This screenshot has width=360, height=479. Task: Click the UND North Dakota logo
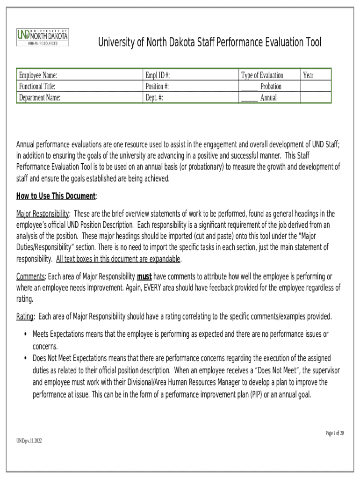[x=43, y=37]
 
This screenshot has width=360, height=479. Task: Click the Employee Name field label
[x=38, y=75]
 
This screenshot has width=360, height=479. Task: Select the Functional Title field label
[x=37, y=87]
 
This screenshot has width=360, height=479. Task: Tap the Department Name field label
[x=40, y=98]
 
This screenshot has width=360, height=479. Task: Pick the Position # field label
[x=157, y=87]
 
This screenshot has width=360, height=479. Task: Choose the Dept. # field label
[x=154, y=98]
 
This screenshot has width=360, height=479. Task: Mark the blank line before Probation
[x=249, y=89]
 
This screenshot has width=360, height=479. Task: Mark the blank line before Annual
[x=249, y=100]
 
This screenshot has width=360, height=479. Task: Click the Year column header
[x=308, y=75]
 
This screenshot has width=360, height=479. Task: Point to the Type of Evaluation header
[x=262, y=75]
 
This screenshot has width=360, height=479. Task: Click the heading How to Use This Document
[x=56, y=196]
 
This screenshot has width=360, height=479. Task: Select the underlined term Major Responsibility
[x=43, y=214]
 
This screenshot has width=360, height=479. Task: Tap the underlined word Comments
[x=30, y=276]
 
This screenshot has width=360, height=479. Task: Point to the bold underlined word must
[x=144, y=276]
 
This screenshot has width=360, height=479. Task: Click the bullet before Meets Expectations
[x=25, y=334]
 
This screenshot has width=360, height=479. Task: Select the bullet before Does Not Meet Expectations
[x=25, y=358]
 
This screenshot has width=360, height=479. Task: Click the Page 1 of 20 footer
[x=335, y=433]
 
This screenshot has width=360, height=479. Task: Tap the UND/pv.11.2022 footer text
[x=29, y=441]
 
